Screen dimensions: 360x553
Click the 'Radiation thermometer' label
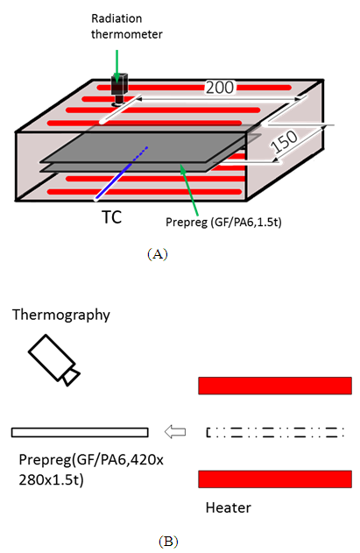127,26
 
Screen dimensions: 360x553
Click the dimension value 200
220,88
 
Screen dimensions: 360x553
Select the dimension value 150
285,141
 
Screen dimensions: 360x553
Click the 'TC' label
112,216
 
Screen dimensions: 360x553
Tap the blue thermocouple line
121,174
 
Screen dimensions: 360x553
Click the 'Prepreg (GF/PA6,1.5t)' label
223,222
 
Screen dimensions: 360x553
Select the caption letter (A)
158,254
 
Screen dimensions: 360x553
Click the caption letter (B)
168,541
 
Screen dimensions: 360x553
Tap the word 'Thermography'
61,315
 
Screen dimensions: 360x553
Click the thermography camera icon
54,360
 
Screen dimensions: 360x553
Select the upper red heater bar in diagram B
275,386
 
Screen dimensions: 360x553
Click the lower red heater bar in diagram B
275,479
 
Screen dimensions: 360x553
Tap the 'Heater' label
229,507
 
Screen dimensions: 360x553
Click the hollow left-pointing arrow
175,432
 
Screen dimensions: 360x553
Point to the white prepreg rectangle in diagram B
80,432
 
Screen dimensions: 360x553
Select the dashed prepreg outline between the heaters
275,432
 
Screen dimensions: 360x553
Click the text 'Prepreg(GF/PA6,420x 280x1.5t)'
91,470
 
